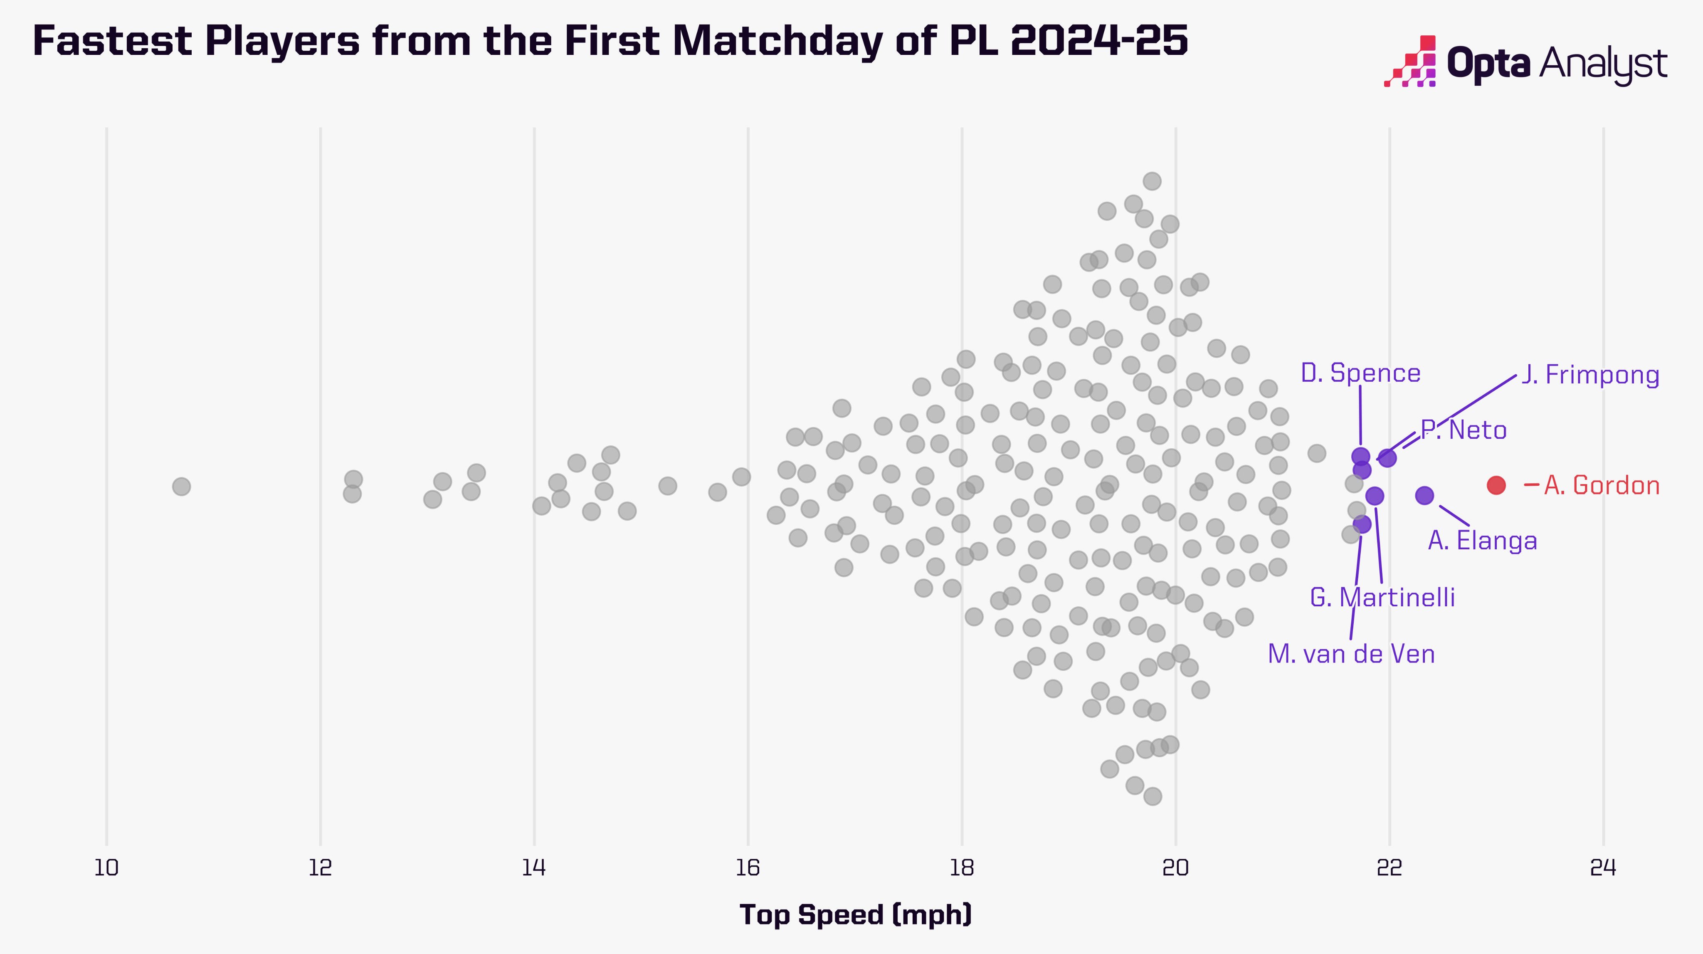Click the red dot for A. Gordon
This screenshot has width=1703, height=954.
pos(1496,485)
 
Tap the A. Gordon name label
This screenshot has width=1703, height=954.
pos(1602,486)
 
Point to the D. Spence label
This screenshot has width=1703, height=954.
pos(1360,373)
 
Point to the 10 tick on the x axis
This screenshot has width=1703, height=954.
pos(106,868)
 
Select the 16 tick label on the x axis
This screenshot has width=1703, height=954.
pos(748,868)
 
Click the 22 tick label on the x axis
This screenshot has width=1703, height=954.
pos(1390,868)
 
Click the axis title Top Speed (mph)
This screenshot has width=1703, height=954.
pos(856,915)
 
